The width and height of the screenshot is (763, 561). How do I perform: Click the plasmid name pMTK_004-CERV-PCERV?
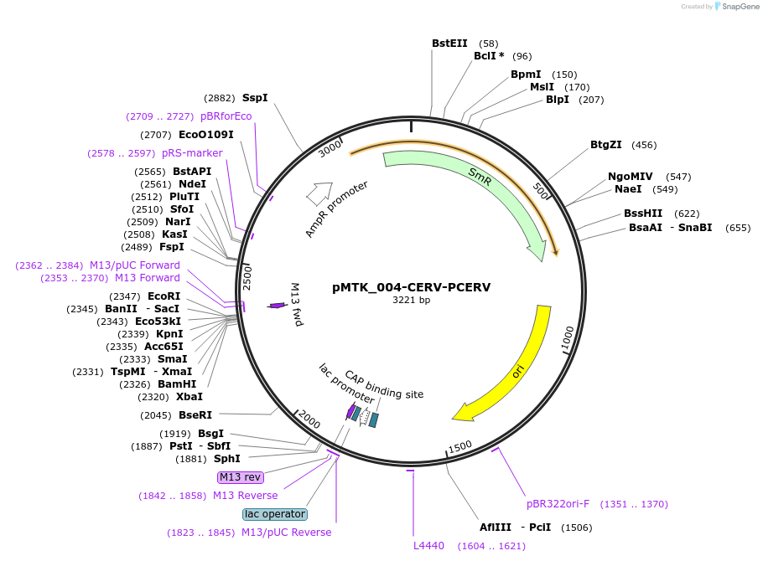(x=411, y=287)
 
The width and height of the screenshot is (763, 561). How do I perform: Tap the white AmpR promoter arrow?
(x=319, y=193)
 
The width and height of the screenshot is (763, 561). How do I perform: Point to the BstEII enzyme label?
(x=449, y=44)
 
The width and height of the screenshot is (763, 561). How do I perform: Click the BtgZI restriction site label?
(x=606, y=144)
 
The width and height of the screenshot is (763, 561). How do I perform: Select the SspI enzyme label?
(x=255, y=98)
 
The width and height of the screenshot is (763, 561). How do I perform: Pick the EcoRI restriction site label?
(x=164, y=296)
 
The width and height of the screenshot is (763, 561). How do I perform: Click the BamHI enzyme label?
(x=177, y=384)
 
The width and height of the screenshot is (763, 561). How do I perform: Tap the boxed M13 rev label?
(x=241, y=477)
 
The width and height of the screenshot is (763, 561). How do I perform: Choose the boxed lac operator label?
(x=275, y=514)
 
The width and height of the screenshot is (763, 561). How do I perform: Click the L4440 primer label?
(x=428, y=545)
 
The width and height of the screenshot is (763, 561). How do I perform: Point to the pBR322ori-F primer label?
(x=558, y=503)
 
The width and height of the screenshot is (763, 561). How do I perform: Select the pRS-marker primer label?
(x=192, y=153)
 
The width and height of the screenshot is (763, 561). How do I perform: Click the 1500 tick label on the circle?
(x=459, y=446)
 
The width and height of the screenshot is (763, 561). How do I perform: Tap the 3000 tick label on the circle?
(x=330, y=149)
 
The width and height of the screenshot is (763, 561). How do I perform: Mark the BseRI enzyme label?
(x=195, y=415)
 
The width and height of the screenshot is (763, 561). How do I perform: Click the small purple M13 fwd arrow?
(x=277, y=306)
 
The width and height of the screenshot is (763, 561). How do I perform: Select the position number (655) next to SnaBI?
(x=738, y=228)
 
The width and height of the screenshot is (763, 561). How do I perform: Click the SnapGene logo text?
(x=740, y=7)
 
